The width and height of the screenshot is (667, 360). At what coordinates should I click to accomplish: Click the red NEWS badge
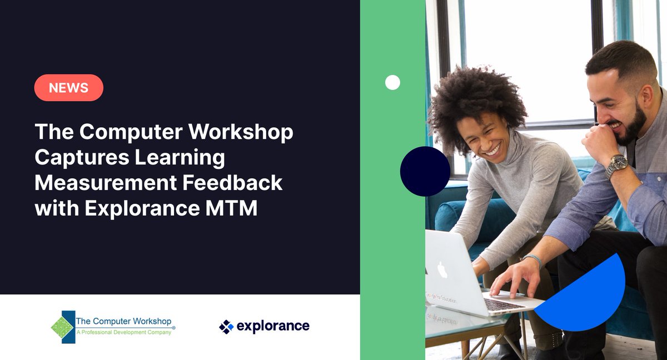68,88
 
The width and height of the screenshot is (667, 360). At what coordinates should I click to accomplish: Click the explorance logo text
272,326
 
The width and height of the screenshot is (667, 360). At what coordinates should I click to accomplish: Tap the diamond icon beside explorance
226,327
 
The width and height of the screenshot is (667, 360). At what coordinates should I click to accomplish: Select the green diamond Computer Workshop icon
62,327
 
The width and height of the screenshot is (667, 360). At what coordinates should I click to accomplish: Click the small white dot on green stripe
392,83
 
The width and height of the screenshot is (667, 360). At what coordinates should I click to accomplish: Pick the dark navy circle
425,171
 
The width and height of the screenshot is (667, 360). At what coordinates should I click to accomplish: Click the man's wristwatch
617,165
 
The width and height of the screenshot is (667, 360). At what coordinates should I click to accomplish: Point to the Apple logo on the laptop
442,271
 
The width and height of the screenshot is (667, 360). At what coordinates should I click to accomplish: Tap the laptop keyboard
503,304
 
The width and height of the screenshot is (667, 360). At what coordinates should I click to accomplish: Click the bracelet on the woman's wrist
532,258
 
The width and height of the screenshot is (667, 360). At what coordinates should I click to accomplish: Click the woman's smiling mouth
491,150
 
